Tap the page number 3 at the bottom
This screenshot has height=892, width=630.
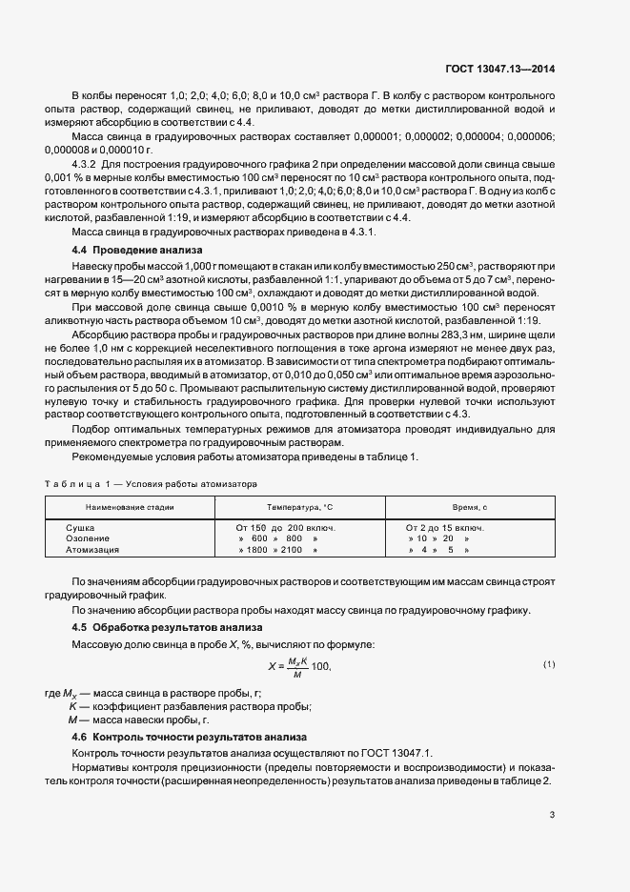coord(552,814)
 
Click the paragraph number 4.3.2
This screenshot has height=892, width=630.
coord(88,190)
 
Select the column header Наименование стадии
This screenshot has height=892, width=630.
coord(130,507)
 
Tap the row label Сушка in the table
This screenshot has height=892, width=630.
coord(80,527)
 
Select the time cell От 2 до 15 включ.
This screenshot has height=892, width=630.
coord(444,527)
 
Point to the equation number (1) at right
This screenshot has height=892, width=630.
coord(549,663)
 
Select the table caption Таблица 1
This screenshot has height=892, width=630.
coord(78,483)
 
